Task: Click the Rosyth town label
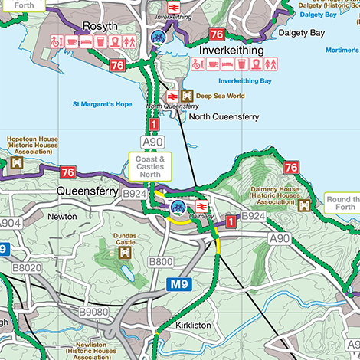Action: (x=100, y=25)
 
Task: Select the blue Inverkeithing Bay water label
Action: (x=245, y=80)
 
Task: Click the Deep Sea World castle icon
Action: (x=188, y=97)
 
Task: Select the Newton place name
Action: (x=62, y=217)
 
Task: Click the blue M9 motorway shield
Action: (x=178, y=285)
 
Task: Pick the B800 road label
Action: (x=161, y=262)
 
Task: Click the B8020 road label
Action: (x=26, y=267)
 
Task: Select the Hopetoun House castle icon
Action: (x=16, y=163)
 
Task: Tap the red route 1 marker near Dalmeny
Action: (x=231, y=221)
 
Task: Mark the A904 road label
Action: (x=8, y=223)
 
